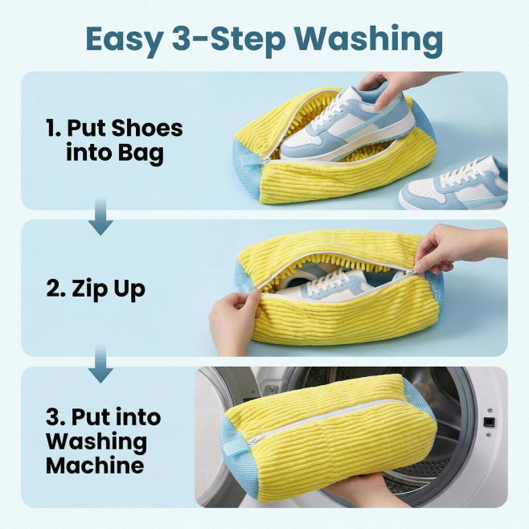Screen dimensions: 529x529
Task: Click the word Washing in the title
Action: (370, 40)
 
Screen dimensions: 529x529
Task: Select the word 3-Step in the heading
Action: (229, 40)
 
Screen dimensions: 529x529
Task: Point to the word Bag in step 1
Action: (141, 154)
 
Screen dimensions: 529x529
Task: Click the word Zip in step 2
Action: (88, 289)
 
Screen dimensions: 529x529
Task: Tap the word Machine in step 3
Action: (95, 465)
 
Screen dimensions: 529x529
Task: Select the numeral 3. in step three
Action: (55, 417)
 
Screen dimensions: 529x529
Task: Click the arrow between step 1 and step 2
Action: (100, 216)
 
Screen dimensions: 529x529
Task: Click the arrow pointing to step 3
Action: (100, 364)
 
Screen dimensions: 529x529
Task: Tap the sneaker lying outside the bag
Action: (453, 185)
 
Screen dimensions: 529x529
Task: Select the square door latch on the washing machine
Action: (489, 422)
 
